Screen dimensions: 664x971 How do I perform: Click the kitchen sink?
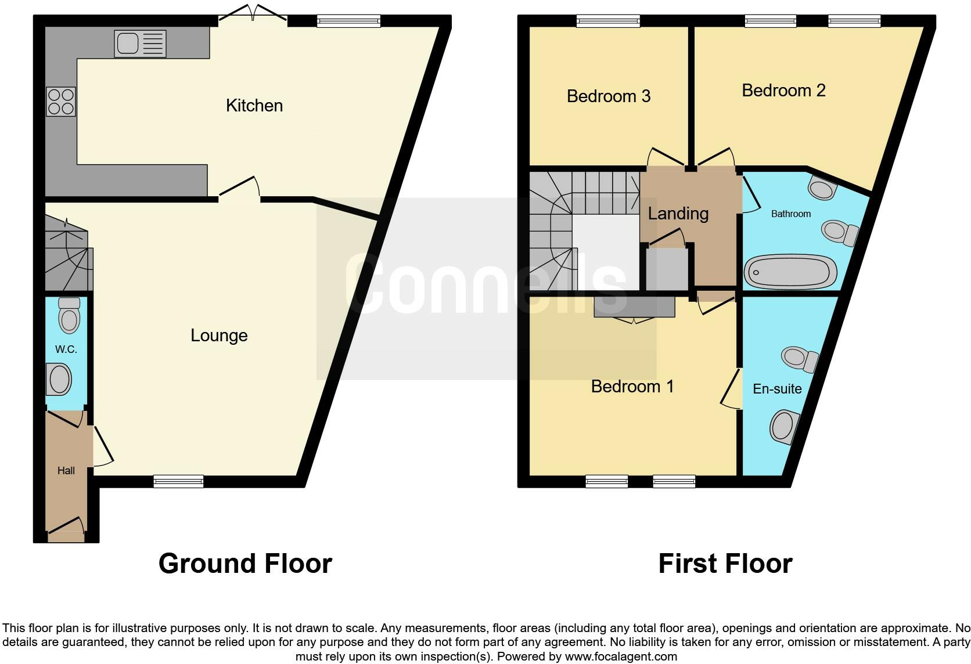pos(141,44)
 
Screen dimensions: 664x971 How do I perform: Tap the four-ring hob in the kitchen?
pos(61,102)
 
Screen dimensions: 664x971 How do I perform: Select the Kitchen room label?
pos(254,106)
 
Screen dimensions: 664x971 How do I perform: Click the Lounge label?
pos(219,335)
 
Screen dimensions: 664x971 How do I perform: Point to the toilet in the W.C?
pos(69,316)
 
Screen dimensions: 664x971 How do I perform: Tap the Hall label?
pos(66,471)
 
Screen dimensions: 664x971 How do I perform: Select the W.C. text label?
pos(66,349)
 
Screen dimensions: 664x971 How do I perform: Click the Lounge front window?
pos(178,481)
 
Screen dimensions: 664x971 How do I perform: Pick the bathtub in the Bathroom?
pos(791,272)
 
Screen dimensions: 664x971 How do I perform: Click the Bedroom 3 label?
pos(608,96)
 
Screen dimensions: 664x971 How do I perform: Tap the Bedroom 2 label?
pos(783,91)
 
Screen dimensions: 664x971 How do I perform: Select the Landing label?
pos(678,214)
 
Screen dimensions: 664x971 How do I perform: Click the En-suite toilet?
pos(800,359)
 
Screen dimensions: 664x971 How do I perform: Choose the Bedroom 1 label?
pos(632,387)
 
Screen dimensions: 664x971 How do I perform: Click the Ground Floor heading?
pos(245,564)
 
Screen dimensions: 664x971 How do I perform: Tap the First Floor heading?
pos(725,564)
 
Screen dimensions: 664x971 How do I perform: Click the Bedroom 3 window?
pos(608,21)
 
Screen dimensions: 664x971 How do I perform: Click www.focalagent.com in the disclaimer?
pos(620,657)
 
